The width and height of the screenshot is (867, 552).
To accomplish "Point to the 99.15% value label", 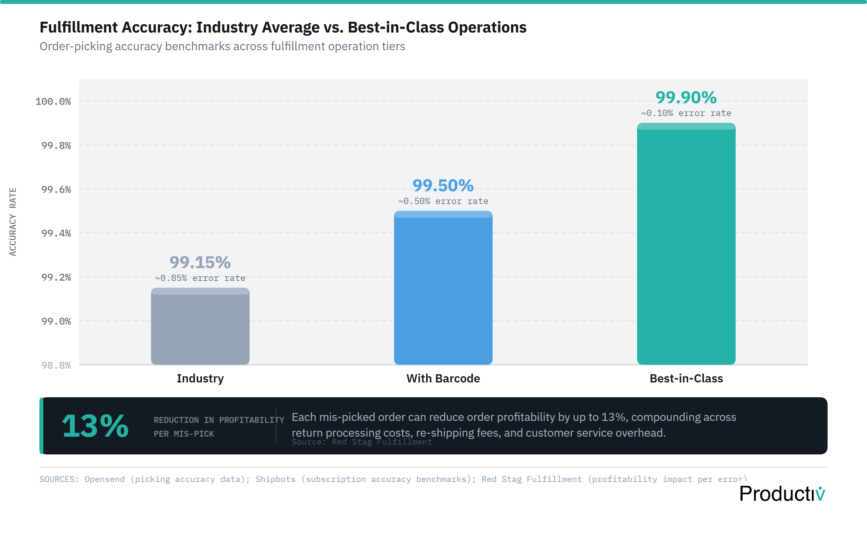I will click(x=200, y=262).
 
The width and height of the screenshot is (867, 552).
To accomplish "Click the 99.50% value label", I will click(x=443, y=186).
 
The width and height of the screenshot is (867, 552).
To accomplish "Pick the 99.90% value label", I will click(x=686, y=97).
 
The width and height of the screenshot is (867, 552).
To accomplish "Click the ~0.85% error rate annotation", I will click(x=200, y=278).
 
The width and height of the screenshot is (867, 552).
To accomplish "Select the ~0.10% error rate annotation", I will click(x=686, y=113).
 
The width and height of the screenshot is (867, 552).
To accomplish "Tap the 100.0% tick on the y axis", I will click(x=53, y=101).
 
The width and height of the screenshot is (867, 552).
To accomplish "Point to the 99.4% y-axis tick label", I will click(x=56, y=233).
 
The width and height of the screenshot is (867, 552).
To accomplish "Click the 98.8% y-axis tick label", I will click(x=56, y=365).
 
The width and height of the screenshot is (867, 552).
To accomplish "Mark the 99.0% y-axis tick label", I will click(x=56, y=321).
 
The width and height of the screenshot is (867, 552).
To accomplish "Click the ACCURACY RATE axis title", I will click(x=12, y=221).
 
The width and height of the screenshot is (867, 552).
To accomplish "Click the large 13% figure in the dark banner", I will click(x=96, y=426).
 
